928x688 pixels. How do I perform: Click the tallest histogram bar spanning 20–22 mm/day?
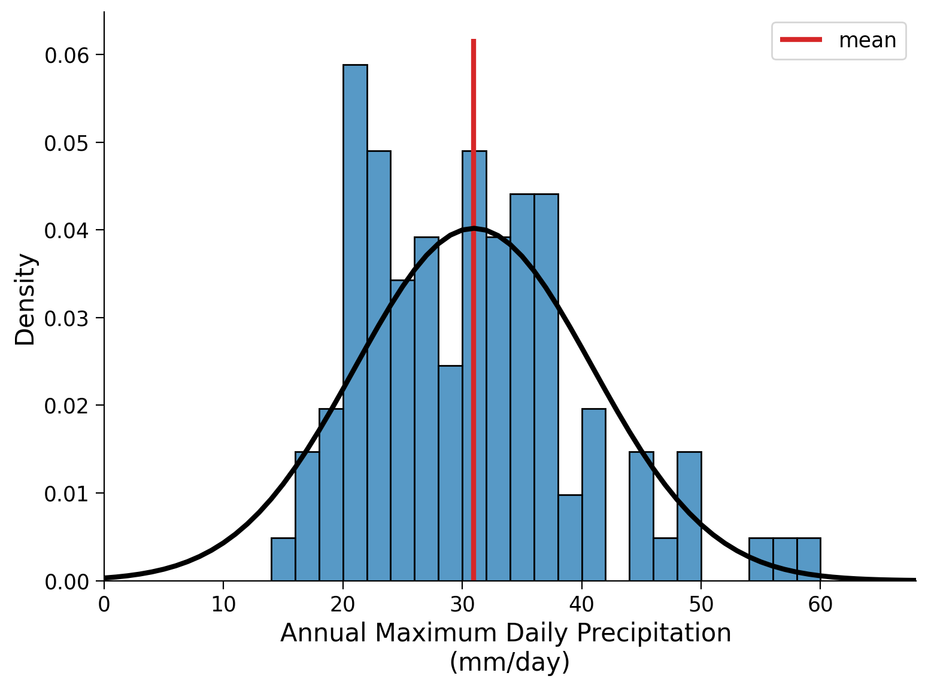(355, 323)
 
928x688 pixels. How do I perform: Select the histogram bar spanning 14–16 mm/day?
(283, 559)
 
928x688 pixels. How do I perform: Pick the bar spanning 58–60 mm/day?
(808, 559)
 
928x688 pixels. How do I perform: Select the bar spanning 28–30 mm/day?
(450, 473)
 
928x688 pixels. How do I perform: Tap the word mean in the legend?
(868, 41)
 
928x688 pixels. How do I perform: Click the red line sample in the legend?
(801, 40)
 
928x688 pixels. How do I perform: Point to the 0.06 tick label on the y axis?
(66, 55)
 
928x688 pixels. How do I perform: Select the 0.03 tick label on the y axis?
(66, 318)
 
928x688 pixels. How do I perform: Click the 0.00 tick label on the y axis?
(66, 582)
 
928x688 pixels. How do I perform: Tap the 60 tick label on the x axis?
(820, 605)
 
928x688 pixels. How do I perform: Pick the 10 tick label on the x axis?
(223, 605)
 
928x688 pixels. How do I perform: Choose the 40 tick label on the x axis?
(581, 605)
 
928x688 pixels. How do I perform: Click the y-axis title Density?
(26, 299)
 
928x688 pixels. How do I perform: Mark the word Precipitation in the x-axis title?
(657, 633)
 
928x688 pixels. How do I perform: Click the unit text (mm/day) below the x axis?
(510, 662)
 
